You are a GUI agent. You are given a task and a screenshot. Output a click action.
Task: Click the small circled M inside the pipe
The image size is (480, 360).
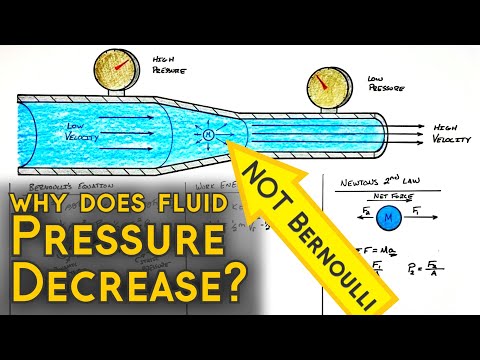pyautogui.click(x=208, y=134)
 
